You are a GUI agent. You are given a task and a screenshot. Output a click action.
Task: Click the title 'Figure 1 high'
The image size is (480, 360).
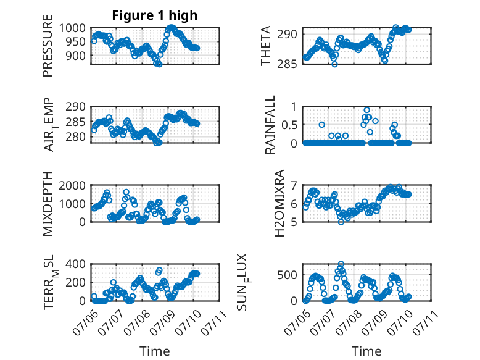point(155,15)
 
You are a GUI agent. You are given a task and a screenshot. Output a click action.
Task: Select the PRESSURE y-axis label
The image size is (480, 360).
point(48,46)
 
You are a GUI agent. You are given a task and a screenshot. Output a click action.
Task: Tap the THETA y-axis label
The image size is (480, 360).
point(266,46)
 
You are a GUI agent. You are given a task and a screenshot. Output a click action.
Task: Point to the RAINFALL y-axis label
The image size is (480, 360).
point(270,125)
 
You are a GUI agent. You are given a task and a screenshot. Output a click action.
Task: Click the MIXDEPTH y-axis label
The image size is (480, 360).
point(48,204)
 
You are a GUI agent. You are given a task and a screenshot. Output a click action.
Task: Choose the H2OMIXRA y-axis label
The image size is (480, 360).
point(279,203)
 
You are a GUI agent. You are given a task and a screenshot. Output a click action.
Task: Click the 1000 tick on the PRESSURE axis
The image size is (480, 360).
point(72,28)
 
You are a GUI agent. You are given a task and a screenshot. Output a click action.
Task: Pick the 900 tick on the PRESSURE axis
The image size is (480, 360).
point(76,56)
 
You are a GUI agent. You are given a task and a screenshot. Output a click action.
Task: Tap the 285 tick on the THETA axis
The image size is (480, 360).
point(287,64)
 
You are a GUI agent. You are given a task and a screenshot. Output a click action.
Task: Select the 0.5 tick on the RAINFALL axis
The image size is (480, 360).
point(289,125)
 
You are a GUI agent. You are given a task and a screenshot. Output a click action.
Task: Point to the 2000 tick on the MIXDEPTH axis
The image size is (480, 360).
point(72,185)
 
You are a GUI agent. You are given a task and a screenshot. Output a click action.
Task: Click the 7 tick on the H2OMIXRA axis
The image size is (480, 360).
point(294,185)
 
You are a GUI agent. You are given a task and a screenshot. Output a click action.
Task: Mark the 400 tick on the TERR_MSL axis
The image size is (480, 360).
point(76,264)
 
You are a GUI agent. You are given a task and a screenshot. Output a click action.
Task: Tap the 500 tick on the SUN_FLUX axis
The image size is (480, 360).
point(287,275)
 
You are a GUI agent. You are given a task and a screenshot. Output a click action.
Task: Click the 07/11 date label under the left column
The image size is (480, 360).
point(214,322)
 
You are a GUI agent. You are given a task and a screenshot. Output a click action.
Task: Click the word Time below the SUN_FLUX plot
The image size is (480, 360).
point(366,351)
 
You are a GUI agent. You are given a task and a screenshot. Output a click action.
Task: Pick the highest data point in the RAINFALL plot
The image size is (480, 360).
point(366,111)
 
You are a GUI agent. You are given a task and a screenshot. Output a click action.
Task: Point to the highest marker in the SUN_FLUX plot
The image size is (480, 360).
point(341,264)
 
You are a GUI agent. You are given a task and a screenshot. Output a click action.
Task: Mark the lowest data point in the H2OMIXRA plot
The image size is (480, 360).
point(341,222)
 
